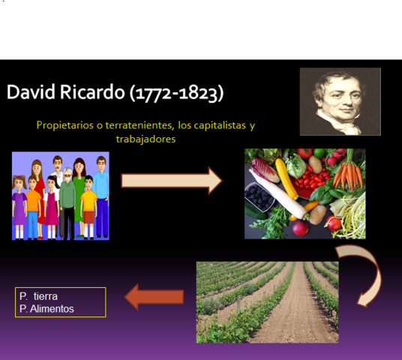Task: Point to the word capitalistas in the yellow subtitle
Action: [x=216, y=125]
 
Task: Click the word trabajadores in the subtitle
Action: [x=145, y=139]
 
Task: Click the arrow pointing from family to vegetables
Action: [x=172, y=181]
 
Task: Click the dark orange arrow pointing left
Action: [x=154, y=298]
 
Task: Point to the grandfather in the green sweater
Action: [x=68, y=199]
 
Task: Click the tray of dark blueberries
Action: [x=259, y=198]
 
